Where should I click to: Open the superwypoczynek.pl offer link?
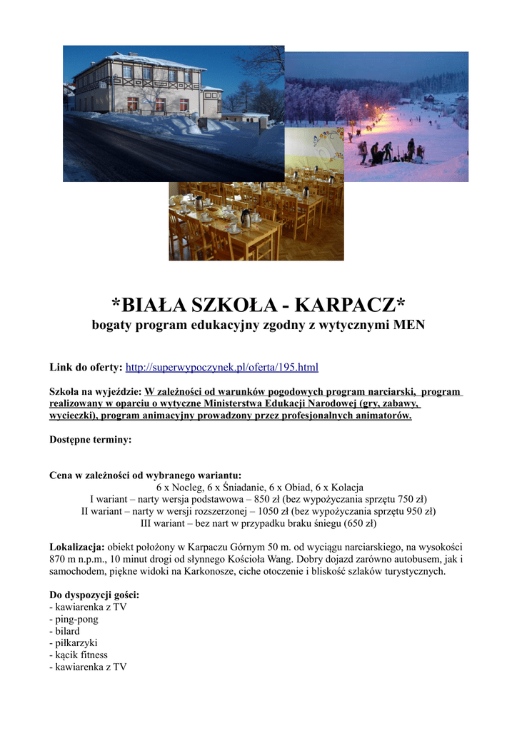click(221, 368)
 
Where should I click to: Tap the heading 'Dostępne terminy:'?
click(90, 440)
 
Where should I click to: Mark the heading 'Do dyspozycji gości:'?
click(94, 595)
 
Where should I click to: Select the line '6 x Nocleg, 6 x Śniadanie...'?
click(260, 487)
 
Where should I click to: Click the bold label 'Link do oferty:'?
click(86, 368)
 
